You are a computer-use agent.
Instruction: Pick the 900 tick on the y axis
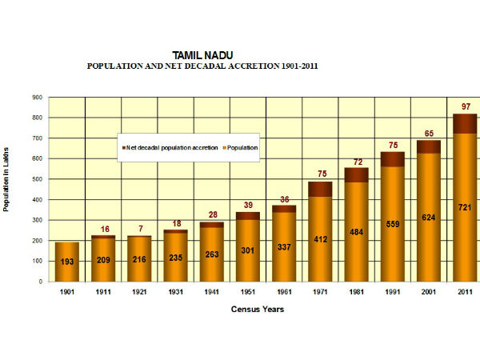tap(37, 98)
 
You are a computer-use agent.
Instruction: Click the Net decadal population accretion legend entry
tap(171, 148)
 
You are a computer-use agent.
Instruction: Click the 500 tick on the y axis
tap(37, 179)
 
